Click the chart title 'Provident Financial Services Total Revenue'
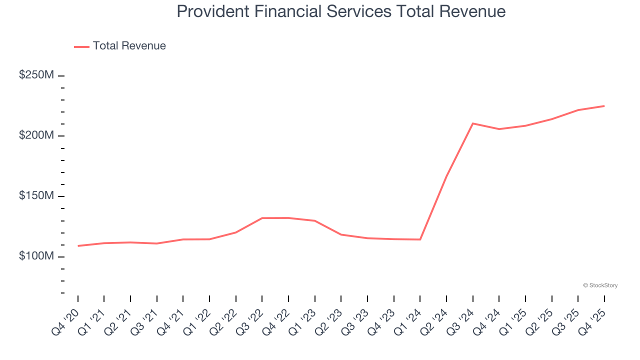click(x=341, y=11)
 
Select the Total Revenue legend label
click(x=129, y=46)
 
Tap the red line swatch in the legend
click(x=81, y=46)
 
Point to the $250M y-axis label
click(x=36, y=75)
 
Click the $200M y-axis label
click(x=36, y=135)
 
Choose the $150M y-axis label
click(x=36, y=195)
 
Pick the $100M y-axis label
click(x=36, y=256)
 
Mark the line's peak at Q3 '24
click(x=473, y=123)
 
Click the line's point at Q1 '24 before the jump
click(x=420, y=239)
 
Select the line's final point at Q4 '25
click(x=604, y=106)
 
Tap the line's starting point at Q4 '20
click(x=78, y=246)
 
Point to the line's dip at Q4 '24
click(x=499, y=129)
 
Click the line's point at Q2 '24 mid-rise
click(x=446, y=176)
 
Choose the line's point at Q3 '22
click(x=262, y=218)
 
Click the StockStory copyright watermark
click(x=600, y=285)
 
